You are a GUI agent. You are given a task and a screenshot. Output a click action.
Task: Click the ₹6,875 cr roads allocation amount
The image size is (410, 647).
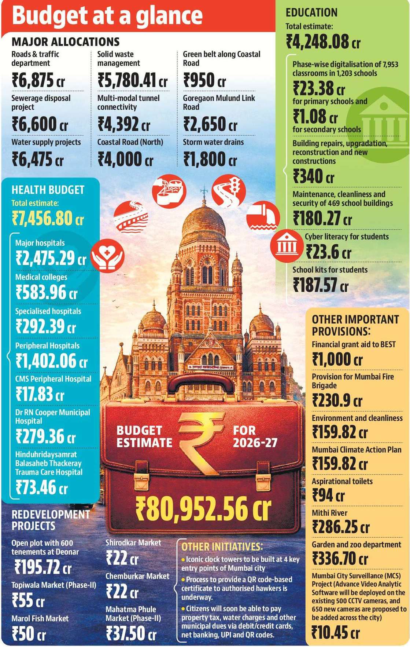click(x=38, y=80)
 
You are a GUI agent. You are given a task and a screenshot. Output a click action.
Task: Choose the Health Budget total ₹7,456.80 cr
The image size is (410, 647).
click(x=48, y=218)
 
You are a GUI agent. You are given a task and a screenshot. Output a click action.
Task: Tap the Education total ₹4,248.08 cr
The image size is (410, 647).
click(x=323, y=41)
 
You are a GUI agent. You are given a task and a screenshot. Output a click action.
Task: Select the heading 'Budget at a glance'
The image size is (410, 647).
click(x=107, y=16)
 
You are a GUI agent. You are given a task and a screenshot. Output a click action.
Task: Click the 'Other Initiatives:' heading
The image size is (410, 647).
click(x=222, y=547)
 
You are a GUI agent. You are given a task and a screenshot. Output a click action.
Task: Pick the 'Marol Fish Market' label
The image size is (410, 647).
click(x=40, y=618)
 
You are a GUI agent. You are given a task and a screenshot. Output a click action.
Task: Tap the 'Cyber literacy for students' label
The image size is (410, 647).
click(x=347, y=237)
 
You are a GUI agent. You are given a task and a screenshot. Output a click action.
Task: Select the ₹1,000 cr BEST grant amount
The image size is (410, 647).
click(x=337, y=359)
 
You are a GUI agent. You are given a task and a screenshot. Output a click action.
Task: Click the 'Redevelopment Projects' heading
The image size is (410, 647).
click(x=51, y=520)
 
